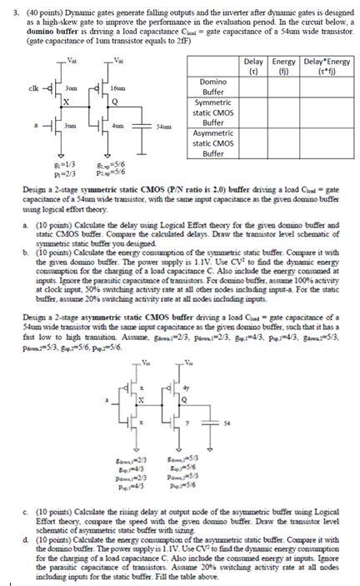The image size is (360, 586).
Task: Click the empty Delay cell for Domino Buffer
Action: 254,86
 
